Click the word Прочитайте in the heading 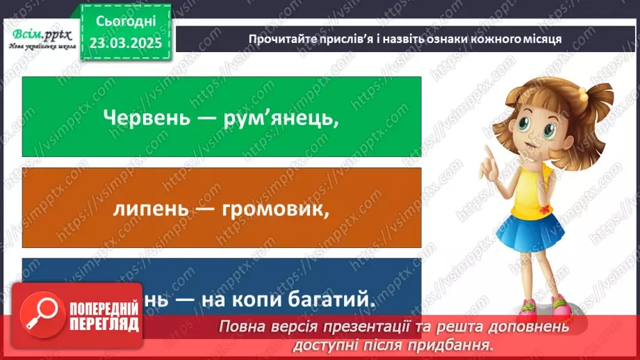(280, 39)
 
